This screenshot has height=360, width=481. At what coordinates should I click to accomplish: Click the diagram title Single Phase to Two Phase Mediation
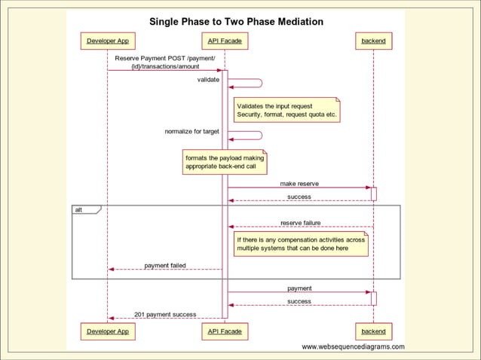[x=236, y=22]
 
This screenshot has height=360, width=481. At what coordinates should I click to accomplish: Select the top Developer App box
[x=107, y=41]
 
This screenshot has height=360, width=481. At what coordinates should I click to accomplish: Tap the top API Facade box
[x=225, y=41]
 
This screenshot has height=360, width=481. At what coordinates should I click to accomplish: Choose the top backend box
[x=373, y=41]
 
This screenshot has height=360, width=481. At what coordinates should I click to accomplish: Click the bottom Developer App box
[x=107, y=331]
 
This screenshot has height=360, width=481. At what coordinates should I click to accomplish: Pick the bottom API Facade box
[x=225, y=331]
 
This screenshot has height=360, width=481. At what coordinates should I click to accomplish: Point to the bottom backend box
[x=373, y=331]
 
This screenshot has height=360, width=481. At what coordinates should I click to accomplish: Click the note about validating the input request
[x=286, y=111]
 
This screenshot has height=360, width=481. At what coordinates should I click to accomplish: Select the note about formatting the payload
[x=225, y=162]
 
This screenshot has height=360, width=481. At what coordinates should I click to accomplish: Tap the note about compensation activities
[x=301, y=243]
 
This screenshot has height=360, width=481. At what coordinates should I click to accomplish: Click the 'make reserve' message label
[x=299, y=183]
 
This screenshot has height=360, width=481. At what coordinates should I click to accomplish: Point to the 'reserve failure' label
[x=300, y=223]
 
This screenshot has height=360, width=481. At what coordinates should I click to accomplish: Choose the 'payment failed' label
[x=165, y=265]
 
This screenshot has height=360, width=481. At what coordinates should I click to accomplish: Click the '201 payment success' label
[x=165, y=314]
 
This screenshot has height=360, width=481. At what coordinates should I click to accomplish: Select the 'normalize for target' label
[x=192, y=132]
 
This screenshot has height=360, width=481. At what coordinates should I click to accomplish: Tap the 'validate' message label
[x=208, y=79]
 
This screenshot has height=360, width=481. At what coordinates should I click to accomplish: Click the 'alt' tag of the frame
[x=79, y=209]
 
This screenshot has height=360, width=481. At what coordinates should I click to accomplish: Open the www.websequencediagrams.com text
[x=353, y=347]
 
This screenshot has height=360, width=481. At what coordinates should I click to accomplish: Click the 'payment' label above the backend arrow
[x=299, y=288]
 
